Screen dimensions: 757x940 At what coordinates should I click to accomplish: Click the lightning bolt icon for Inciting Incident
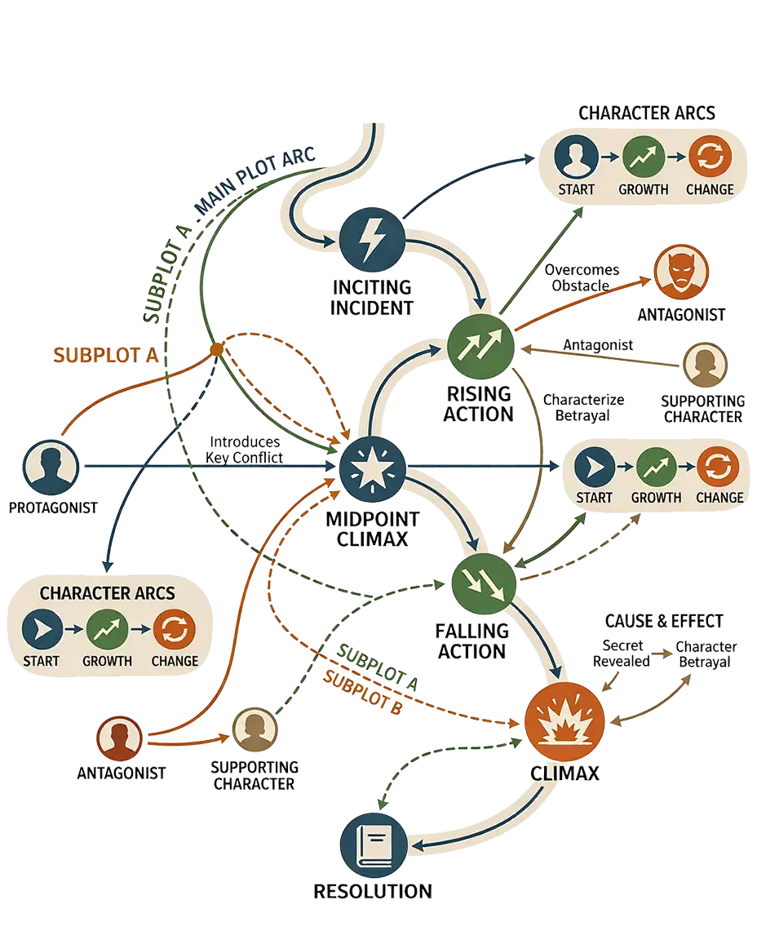(x=372, y=240)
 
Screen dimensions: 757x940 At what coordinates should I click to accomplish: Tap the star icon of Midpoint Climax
(x=372, y=468)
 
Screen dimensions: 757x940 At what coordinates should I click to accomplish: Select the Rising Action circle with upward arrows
(x=480, y=347)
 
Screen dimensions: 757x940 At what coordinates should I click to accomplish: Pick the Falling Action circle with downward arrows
(x=483, y=584)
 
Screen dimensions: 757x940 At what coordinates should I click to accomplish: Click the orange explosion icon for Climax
(x=564, y=721)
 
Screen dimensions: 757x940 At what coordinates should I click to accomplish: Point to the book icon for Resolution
(x=374, y=846)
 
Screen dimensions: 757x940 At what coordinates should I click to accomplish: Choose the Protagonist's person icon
(x=51, y=468)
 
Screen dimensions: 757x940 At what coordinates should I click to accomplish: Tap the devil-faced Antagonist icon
(x=681, y=273)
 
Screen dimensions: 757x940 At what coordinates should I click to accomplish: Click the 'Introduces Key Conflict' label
(x=245, y=450)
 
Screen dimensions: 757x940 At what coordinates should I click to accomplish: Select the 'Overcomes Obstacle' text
(x=582, y=277)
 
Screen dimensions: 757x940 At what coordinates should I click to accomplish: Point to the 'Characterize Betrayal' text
(x=583, y=408)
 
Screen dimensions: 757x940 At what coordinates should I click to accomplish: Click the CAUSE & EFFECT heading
(x=664, y=621)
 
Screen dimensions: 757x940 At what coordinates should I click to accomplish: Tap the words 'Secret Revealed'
(x=622, y=654)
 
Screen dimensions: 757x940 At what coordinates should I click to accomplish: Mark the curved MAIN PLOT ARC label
(x=255, y=182)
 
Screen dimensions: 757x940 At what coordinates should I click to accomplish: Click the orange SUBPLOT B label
(x=363, y=693)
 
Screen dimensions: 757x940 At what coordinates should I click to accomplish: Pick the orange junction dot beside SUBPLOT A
(x=217, y=349)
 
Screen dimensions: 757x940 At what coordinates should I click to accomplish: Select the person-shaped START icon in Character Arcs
(x=576, y=157)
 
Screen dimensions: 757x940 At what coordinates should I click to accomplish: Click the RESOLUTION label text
(x=373, y=891)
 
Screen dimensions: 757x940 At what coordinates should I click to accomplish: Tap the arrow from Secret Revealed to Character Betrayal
(x=662, y=654)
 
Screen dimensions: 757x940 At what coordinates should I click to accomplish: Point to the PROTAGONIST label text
(x=53, y=508)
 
